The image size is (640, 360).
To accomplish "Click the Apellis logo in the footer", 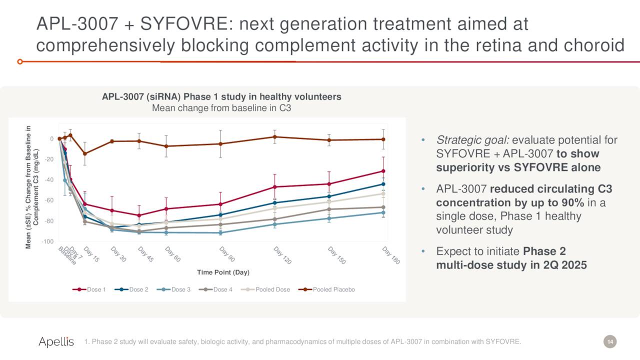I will coord(56,341).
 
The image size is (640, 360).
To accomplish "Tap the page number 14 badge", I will coord(609,341).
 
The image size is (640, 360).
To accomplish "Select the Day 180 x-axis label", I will coord(390,255).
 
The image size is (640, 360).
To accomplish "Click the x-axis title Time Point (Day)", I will coord(223,272).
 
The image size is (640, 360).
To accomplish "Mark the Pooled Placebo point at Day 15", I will coord(84,153).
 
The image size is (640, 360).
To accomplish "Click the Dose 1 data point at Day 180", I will coord(383,171).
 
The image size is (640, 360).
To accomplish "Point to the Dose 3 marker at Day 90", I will coord(220,232).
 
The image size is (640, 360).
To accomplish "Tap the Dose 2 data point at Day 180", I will coord(383,184).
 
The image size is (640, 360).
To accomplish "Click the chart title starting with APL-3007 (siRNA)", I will coord(221,96).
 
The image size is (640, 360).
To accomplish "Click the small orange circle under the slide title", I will coord(19,61).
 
